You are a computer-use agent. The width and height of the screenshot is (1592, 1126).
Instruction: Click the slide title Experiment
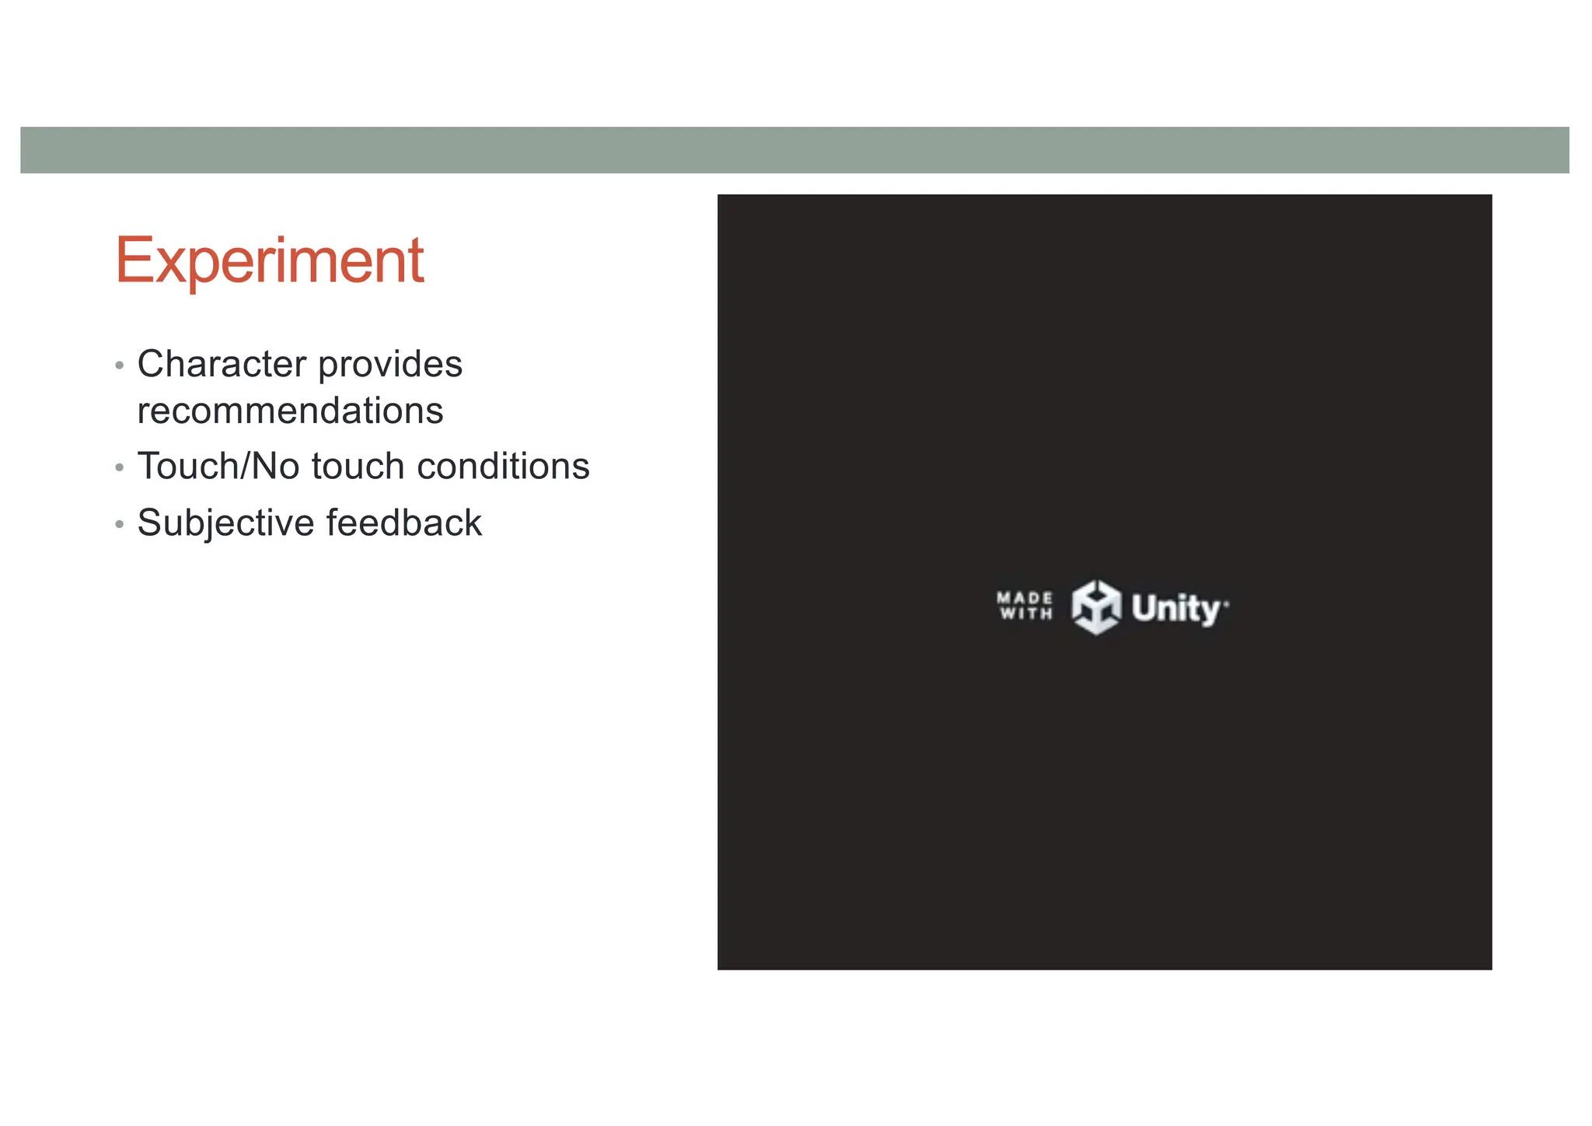[269, 261]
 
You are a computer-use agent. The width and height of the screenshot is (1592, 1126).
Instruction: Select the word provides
[390, 364]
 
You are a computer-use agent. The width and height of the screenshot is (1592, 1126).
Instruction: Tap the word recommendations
[290, 411]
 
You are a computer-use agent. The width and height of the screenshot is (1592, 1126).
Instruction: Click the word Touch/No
[218, 467]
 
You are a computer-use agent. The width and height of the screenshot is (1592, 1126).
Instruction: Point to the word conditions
[503, 467]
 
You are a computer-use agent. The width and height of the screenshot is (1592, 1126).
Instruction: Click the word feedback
[404, 523]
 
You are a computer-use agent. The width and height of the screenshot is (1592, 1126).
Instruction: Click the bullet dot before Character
[119, 365]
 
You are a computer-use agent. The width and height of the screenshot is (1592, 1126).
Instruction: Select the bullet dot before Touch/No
[119, 468]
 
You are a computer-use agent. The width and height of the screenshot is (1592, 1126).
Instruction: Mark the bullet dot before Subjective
[119, 524]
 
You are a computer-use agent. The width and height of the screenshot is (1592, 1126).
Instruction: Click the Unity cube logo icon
[1096, 607]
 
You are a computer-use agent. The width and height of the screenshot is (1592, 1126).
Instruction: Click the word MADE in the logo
[1025, 598]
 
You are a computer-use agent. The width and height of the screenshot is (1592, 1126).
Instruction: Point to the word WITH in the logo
[1025, 614]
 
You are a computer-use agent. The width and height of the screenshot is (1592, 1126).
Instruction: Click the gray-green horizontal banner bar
[794, 150]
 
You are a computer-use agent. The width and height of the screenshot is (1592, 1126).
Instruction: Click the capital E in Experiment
[133, 261]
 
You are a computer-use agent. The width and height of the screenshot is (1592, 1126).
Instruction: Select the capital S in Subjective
[149, 523]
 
